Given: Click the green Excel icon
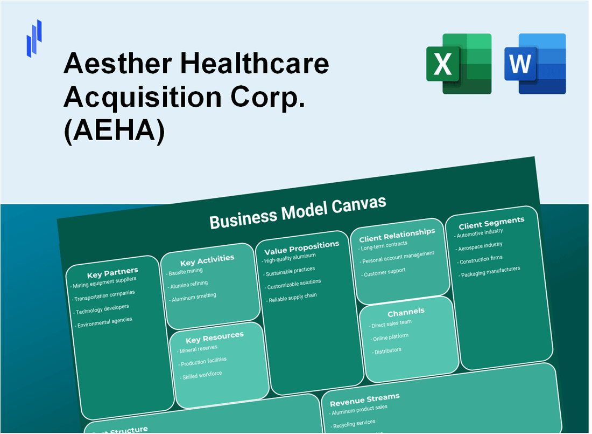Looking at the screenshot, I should point(459,64).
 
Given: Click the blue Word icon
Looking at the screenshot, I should point(535,64).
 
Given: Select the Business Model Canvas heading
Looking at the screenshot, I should point(298,211).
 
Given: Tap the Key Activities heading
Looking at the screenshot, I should point(207,260).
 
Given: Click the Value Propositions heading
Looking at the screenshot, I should point(301,247).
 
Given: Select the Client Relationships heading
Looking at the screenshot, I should point(397,234).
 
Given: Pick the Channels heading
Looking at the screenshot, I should point(406,312).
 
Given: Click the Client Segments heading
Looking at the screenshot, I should point(491,222).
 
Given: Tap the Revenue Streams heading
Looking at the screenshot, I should point(364,399).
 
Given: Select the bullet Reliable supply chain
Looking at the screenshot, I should point(292,297).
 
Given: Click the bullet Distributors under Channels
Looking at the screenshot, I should point(386,350).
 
